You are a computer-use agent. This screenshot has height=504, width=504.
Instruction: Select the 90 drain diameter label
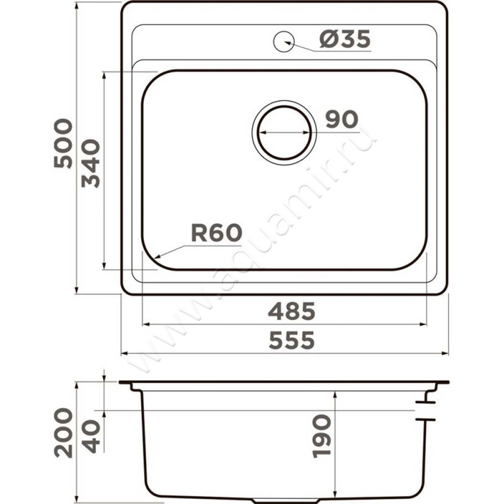pyautogui.click(x=341, y=118)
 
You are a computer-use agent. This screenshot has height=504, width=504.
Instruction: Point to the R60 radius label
pyautogui.click(x=216, y=234)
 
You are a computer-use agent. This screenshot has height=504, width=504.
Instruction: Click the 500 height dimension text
pyautogui.click(x=63, y=143)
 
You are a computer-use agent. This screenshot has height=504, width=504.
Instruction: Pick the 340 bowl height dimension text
pyautogui.click(x=91, y=163)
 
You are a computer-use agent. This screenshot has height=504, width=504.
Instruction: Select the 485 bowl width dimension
pyautogui.click(x=290, y=311)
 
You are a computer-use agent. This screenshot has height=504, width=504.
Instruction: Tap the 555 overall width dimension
pyautogui.click(x=290, y=341)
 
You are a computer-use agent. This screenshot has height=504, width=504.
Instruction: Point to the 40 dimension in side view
pyautogui.click(x=91, y=435)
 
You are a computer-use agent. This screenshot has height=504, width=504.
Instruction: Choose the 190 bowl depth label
pyautogui.click(x=321, y=435)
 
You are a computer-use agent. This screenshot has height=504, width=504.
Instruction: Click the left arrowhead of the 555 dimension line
pyautogui.click(x=124, y=353)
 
